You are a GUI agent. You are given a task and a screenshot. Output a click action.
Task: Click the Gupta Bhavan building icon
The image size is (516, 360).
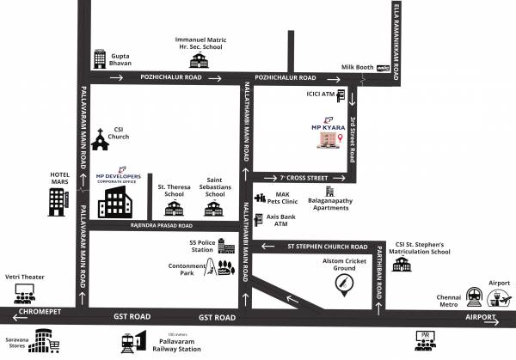(99, 58)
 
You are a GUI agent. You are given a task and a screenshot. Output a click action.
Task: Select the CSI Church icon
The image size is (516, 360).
(100, 137)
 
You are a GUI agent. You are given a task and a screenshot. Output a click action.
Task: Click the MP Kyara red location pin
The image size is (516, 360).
(341, 138)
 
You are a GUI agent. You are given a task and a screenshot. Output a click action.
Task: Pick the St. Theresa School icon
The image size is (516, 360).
(174, 207)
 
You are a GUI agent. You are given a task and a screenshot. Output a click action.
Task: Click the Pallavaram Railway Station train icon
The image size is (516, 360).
(132, 341)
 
